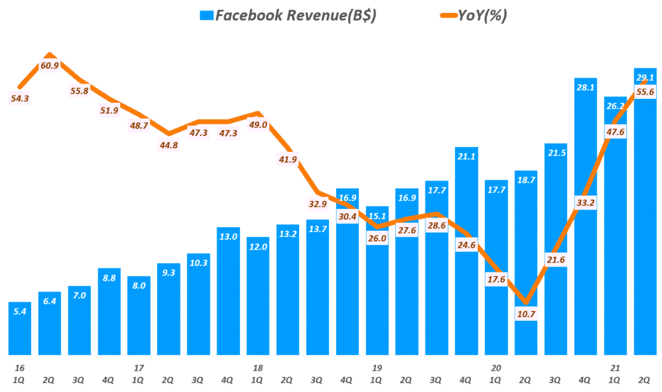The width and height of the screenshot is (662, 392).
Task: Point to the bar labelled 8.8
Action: tap(109, 311)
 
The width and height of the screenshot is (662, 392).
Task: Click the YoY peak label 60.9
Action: tap(50, 65)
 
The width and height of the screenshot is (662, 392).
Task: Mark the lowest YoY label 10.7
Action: tap(526, 314)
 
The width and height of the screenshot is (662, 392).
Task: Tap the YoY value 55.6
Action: tap(645, 92)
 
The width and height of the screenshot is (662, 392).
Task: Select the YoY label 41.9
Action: tap(288, 159)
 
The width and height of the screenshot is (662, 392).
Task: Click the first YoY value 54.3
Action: tap(20, 98)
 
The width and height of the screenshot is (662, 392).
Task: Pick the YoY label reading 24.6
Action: tap(467, 246)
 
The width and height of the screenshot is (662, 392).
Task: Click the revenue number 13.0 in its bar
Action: tap(228, 236)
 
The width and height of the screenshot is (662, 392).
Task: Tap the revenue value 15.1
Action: tap(377, 216)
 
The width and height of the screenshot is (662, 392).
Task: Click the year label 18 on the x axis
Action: tap(258, 367)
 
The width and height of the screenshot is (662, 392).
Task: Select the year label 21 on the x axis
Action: tap(615, 367)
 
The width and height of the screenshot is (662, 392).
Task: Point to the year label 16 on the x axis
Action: tap(20, 367)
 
